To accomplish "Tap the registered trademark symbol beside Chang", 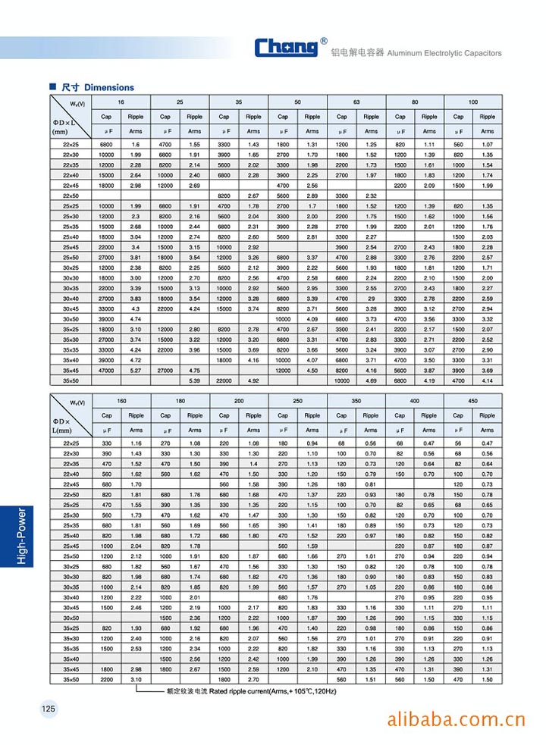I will [325, 41].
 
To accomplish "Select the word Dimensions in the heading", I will [109, 87].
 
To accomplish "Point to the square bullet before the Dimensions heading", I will [53, 87].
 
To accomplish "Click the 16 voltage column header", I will [121, 102].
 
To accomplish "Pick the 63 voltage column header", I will [356, 102].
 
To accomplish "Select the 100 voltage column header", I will [473, 102].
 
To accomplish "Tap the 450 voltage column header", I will [473, 400].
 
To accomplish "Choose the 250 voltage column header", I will [297, 400].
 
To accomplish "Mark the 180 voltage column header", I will [180, 400].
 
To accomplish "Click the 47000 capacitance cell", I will [106, 371].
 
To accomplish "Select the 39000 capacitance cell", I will [106, 320].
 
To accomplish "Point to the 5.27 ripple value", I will [136, 371].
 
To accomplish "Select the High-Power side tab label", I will [21, 537].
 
